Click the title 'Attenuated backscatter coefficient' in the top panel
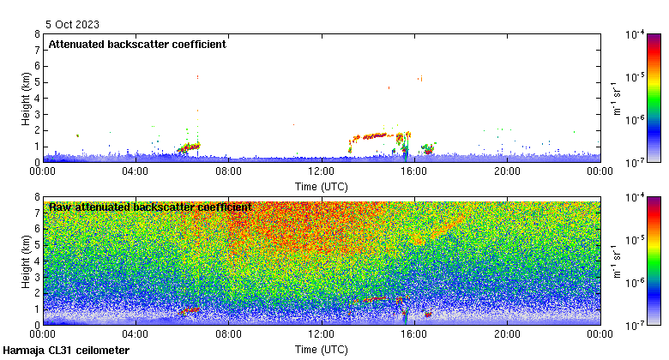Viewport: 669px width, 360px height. [x=137, y=45]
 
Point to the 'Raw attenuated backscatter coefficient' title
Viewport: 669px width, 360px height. [x=150, y=207]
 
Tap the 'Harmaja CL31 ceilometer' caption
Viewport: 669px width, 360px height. [x=66, y=351]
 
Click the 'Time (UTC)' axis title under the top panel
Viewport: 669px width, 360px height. [x=322, y=185]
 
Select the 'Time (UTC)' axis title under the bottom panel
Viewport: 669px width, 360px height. [x=322, y=350]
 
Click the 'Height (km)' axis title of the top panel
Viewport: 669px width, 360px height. [x=27, y=99]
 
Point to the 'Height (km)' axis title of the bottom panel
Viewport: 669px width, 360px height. [x=27, y=261]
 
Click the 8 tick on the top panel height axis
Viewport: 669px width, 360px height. [x=36, y=35]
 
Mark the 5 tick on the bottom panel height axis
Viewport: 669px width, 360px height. [x=36, y=245]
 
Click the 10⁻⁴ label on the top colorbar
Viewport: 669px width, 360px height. [x=636, y=35]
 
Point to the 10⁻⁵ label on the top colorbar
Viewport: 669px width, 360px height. [x=636, y=77]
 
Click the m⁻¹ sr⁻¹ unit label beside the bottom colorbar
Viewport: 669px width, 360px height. [x=616, y=261]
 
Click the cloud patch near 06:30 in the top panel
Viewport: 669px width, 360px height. [x=190, y=147]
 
